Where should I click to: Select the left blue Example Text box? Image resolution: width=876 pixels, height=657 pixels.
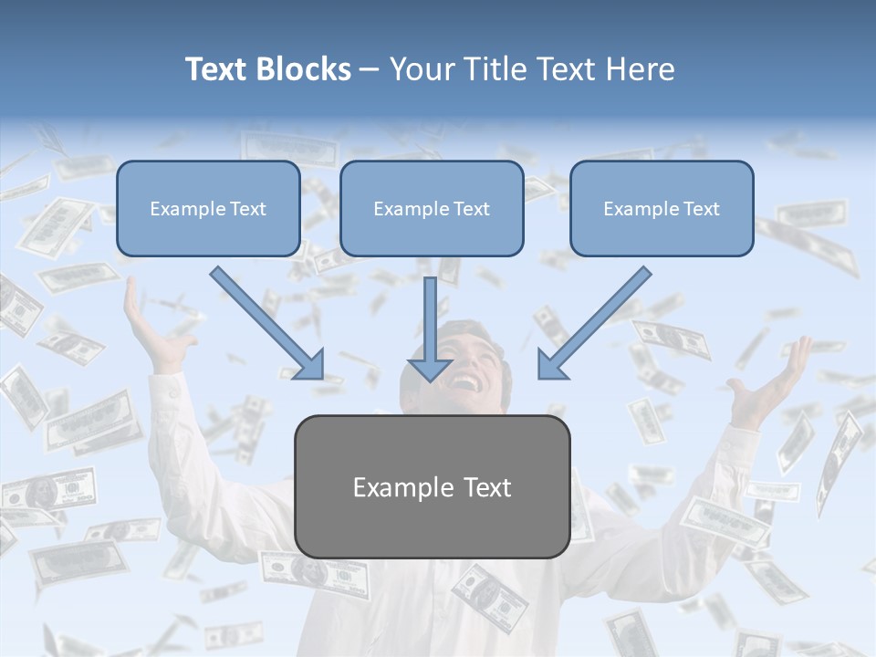click(x=208, y=208)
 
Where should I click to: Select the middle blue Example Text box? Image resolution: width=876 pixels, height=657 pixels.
click(x=432, y=208)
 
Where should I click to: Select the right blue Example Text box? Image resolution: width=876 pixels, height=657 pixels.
click(x=662, y=208)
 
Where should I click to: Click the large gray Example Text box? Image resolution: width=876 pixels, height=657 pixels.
click(x=432, y=486)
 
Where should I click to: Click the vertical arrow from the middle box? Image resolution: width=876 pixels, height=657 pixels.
click(x=430, y=328)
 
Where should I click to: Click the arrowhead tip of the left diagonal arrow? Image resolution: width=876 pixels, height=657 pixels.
click(x=322, y=378)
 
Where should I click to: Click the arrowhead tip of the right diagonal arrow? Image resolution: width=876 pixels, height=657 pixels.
click(x=539, y=378)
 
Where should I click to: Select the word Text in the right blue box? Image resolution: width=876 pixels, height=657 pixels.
click(x=701, y=209)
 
